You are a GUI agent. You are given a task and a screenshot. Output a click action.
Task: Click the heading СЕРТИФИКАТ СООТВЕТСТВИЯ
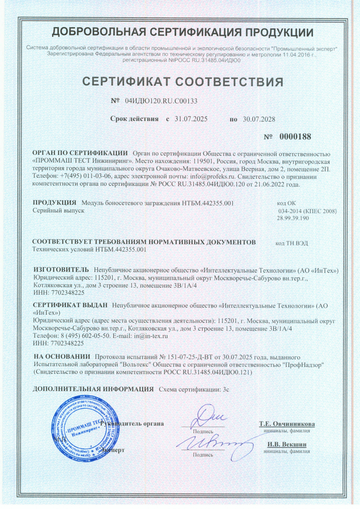[x=182, y=81]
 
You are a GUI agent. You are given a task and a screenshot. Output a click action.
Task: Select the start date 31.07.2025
[x=191, y=119]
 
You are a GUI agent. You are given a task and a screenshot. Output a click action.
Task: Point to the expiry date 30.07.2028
[x=259, y=119]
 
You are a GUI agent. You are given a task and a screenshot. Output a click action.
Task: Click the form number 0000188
[x=295, y=137]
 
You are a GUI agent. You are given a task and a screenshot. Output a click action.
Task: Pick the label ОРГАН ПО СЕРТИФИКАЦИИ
[x=80, y=153]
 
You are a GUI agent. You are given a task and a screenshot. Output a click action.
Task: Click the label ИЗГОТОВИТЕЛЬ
[x=61, y=270]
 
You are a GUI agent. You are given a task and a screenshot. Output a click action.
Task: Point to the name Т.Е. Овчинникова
[x=287, y=424]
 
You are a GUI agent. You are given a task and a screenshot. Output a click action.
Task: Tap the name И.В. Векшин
[x=287, y=444]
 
